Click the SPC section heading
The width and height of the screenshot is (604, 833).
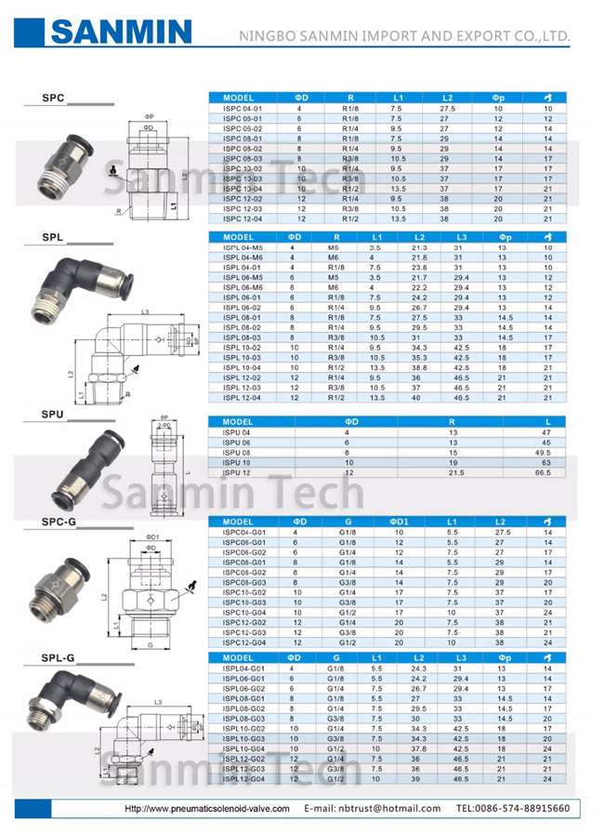pyautogui.click(x=53, y=97)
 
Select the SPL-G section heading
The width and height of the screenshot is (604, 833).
pyautogui.click(x=58, y=658)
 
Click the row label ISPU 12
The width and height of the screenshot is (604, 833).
pyautogui.click(x=237, y=472)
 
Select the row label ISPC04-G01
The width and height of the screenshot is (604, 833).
pyautogui.click(x=244, y=532)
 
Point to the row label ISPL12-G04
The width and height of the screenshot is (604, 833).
pyautogui.click(x=244, y=779)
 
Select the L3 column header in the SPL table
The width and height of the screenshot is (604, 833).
pyautogui.click(x=458, y=237)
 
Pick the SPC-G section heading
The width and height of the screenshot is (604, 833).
pyautogui.click(x=58, y=522)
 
